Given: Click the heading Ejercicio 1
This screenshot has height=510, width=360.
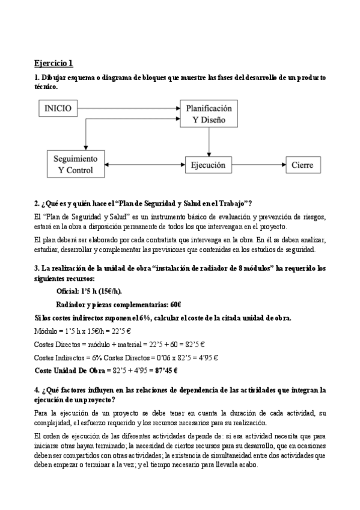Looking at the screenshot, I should [x=53, y=63].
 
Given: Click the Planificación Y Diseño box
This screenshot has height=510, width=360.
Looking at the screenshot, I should [x=208, y=114].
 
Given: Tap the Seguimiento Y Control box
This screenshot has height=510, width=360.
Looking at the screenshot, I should [x=76, y=164].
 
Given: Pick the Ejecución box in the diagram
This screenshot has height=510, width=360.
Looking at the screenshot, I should [x=208, y=164].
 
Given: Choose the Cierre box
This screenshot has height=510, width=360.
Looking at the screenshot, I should [x=302, y=164].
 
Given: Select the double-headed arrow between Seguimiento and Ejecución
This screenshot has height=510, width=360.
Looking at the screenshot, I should [x=144, y=164].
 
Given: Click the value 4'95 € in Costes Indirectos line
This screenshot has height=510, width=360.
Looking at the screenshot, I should [x=206, y=357].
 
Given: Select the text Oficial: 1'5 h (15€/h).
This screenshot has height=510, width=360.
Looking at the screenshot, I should [x=88, y=290].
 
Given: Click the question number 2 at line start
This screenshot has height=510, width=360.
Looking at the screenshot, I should [x=37, y=204].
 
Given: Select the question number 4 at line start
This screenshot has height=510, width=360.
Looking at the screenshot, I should [x=37, y=390].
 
